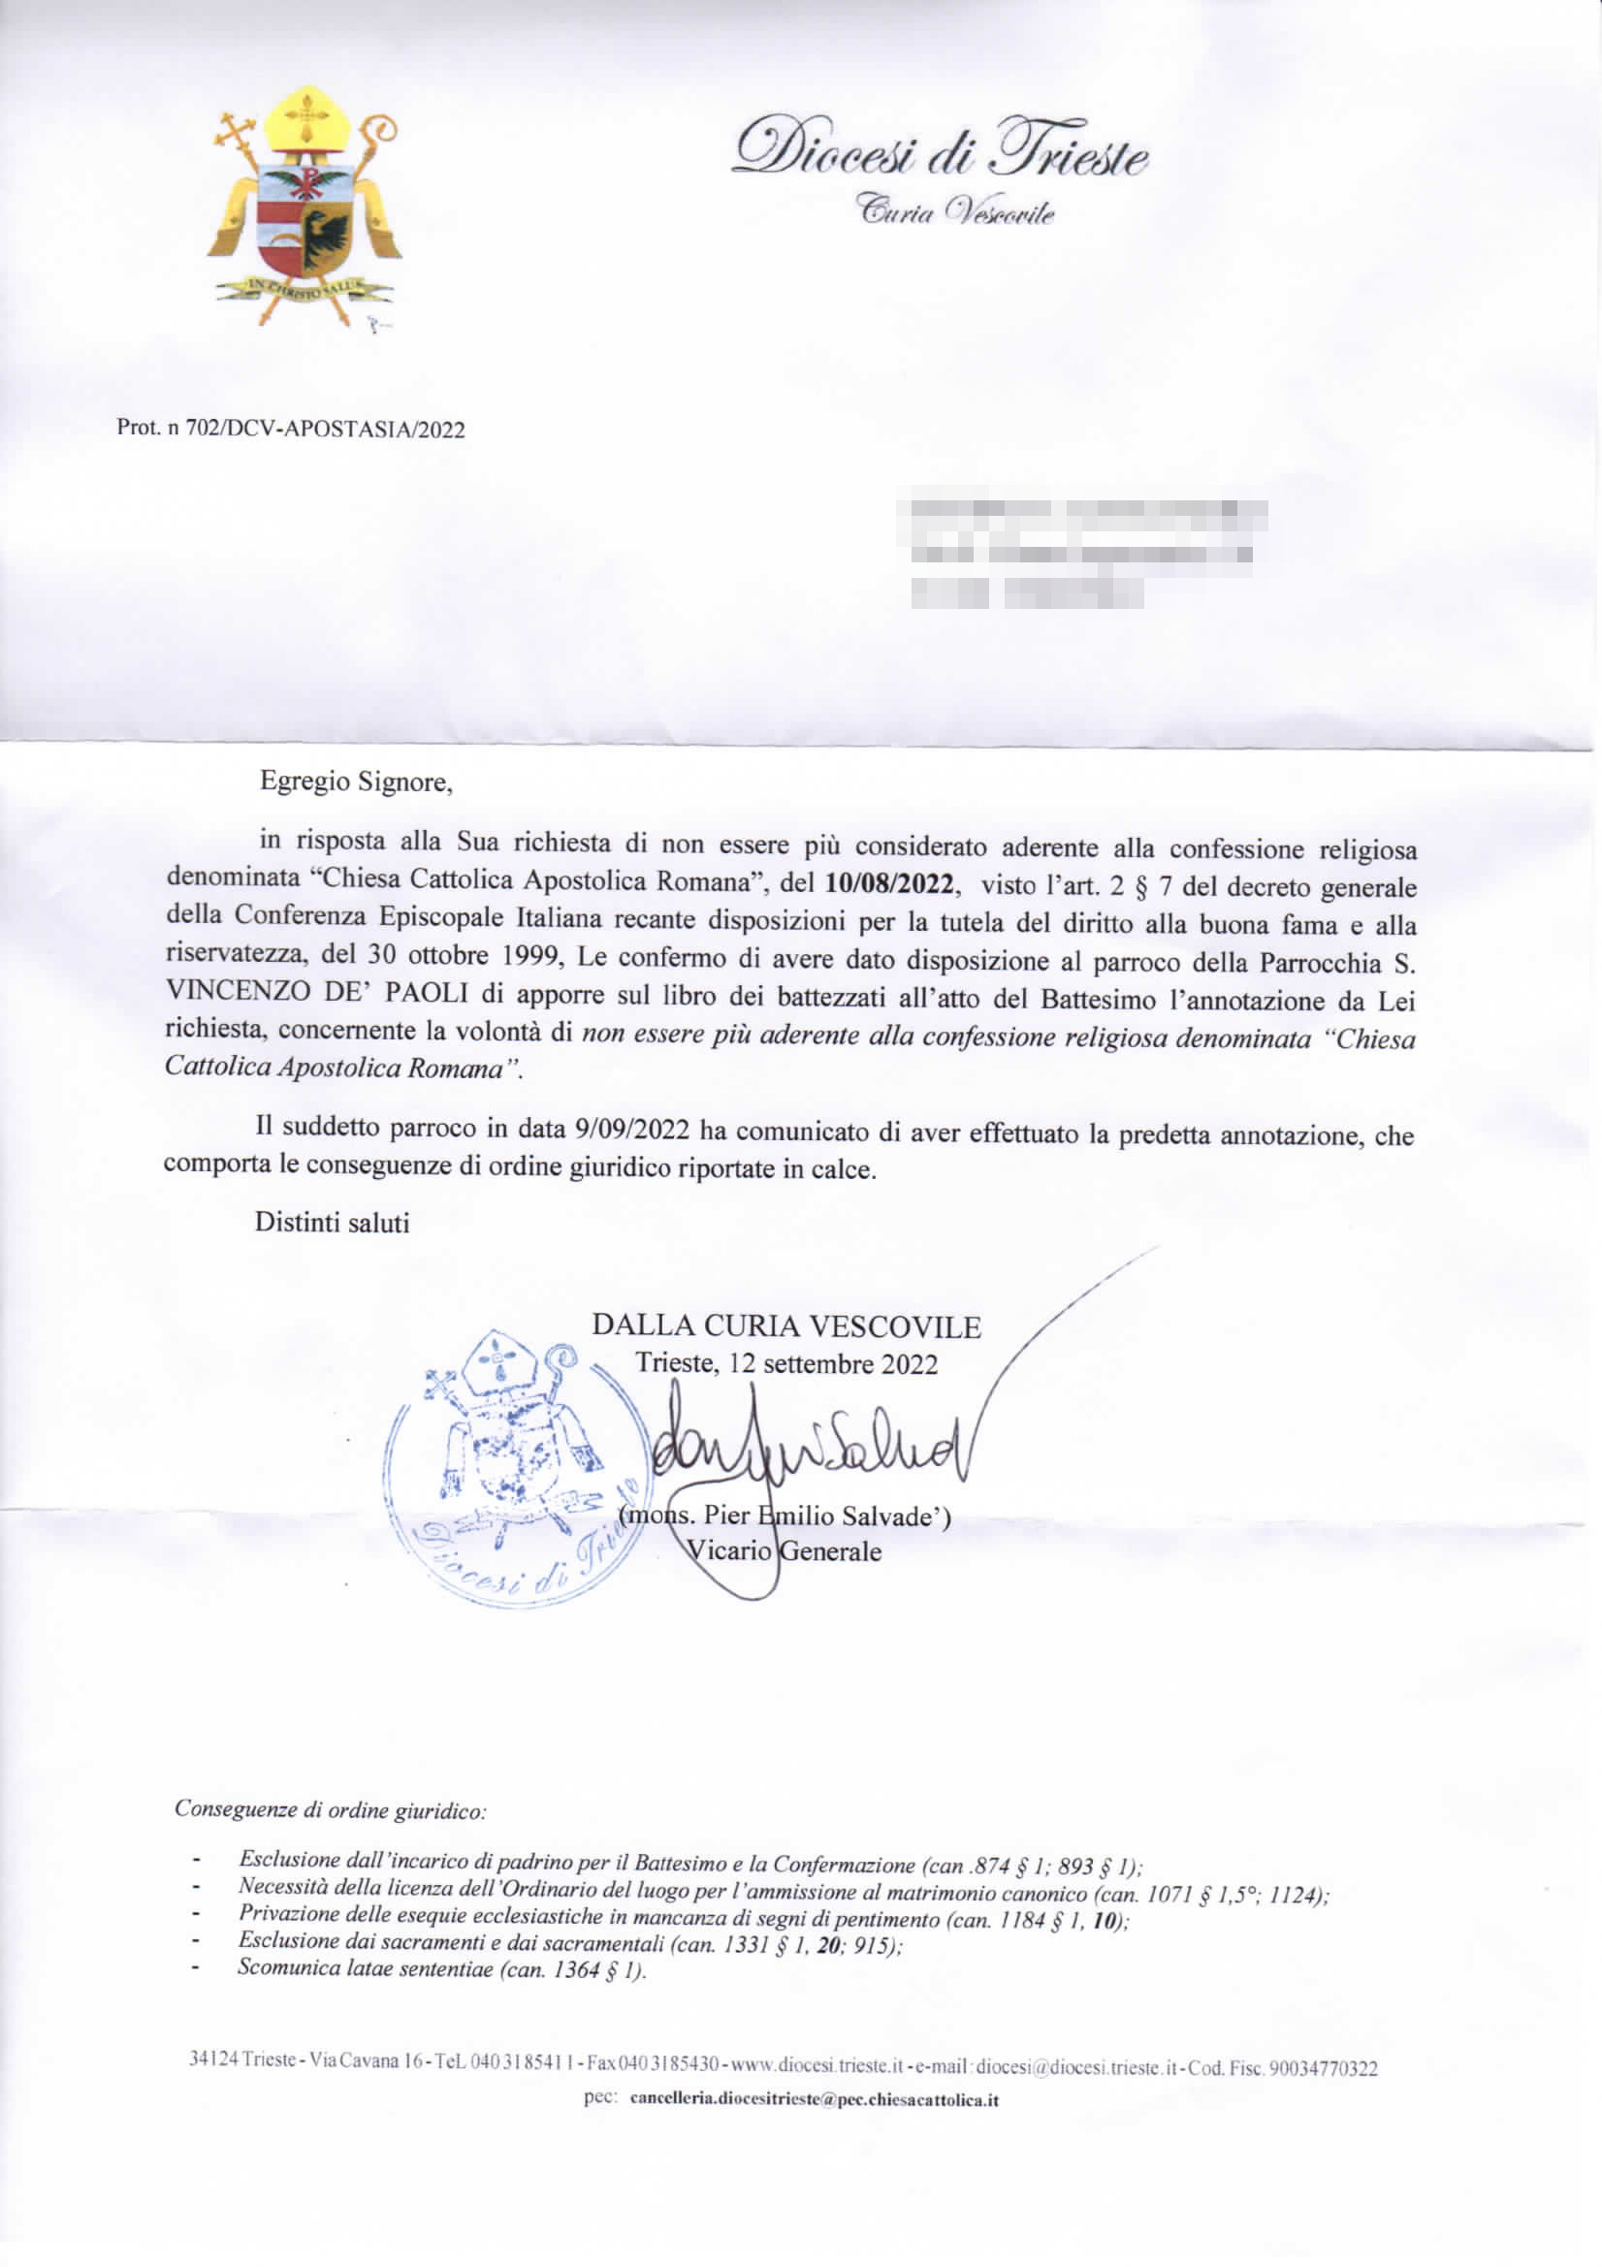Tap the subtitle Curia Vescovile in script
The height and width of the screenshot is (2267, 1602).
pyautogui.click(x=954, y=210)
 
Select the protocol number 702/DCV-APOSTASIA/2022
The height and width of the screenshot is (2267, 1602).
pyautogui.click(x=290, y=430)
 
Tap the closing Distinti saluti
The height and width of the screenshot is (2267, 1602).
pyautogui.click(x=332, y=1223)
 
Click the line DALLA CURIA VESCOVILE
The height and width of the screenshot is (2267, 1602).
pyautogui.click(x=786, y=1326)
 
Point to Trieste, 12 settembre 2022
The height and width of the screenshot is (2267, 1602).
pyautogui.click(x=786, y=1363)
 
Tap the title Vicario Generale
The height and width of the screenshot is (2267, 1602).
pyautogui.click(x=785, y=1551)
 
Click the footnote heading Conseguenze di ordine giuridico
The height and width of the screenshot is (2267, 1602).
pyautogui.click(x=330, y=1810)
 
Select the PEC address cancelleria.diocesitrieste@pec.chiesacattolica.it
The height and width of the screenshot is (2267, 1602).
pyautogui.click(x=814, y=2100)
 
